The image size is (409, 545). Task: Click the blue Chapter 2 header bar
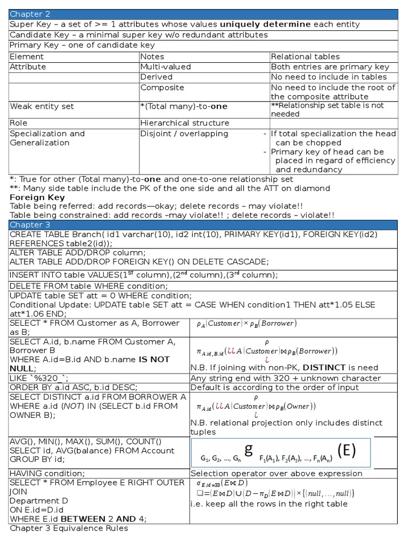click(203, 14)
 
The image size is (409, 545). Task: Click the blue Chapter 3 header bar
click(203, 225)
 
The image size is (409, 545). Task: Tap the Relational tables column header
click(305, 56)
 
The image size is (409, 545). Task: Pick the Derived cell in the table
click(157, 77)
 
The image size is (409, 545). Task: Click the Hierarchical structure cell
click(177, 123)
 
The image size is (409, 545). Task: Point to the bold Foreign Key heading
click(37, 197)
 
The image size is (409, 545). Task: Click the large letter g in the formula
click(248, 450)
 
